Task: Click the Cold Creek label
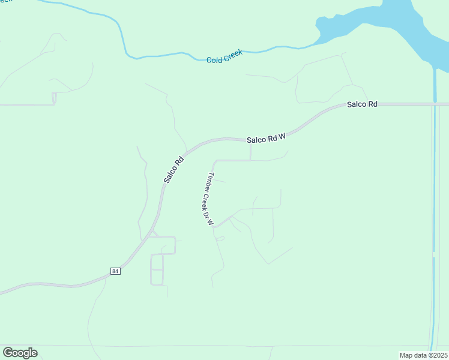click(x=224, y=57)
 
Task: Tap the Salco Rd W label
click(x=265, y=138)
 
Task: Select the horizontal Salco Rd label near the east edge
click(x=362, y=104)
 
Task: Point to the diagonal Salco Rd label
click(x=173, y=170)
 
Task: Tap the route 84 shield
click(x=115, y=271)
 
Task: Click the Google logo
click(x=20, y=353)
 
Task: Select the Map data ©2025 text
click(x=423, y=355)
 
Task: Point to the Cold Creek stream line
click(x=162, y=55)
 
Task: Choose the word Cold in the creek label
click(x=214, y=59)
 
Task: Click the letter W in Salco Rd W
click(x=280, y=136)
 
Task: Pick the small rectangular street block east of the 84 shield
click(x=157, y=269)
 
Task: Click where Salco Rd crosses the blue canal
click(x=434, y=104)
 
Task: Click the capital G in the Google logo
click(x=8, y=352)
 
